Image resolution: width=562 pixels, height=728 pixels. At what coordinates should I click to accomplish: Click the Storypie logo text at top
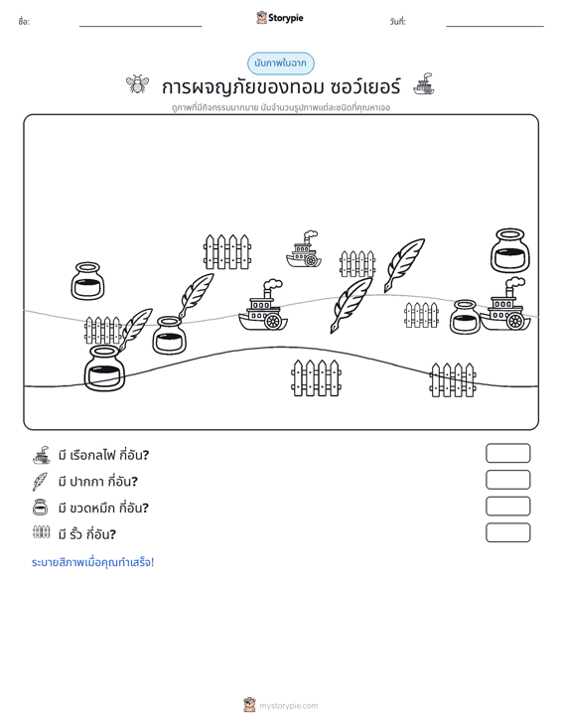tap(285, 18)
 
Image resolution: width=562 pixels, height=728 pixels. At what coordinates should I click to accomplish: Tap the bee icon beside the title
tap(137, 84)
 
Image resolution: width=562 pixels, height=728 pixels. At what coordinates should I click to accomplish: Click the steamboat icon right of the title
tap(424, 84)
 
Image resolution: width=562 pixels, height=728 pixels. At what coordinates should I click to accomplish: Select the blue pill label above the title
tap(280, 64)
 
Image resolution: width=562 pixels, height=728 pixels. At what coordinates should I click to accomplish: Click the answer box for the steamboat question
tap(507, 453)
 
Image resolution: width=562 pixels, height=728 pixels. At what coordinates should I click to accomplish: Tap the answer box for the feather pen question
tap(507, 480)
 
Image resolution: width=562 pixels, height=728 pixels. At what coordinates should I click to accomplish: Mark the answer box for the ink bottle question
tap(507, 507)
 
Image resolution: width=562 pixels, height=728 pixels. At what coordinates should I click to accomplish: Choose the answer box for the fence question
tap(507, 532)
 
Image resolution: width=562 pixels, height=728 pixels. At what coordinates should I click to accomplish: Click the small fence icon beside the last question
tap(42, 532)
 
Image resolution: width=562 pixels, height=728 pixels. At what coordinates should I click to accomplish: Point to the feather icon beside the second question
tap(40, 482)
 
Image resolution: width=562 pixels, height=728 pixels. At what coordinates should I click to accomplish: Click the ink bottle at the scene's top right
tap(510, 250)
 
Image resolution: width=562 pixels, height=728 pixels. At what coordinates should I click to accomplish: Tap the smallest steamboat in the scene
tap(304, 249)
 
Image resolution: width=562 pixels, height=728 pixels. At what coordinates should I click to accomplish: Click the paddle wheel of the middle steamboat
tap(273, 321)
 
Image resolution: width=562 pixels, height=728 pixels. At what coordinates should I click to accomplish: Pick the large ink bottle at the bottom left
tap(104, 368)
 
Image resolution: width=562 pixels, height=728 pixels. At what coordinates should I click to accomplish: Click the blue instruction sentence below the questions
tap(92, 562)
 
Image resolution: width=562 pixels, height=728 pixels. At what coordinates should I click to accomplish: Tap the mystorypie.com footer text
tap(288, 706)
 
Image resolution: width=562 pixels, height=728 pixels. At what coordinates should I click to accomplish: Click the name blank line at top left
tap(141, 26)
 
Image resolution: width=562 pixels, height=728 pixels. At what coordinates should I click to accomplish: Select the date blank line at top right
tap(494, 26)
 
